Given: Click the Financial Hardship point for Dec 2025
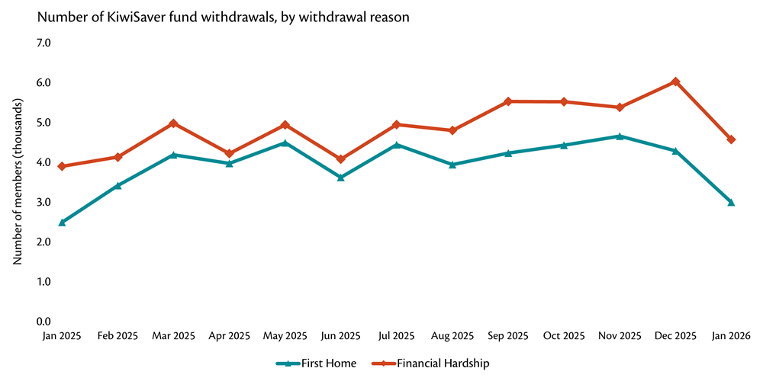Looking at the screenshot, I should pos(675,82).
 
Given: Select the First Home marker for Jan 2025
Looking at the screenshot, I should pos(62,223).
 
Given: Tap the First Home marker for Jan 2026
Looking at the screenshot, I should pos(731,202).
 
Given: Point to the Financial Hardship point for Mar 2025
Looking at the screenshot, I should pos(173,123).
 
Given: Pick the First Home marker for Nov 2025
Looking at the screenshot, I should pos(620,136).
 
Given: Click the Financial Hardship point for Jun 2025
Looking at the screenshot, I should pos(340,159).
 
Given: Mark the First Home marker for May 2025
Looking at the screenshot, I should pos(285,143).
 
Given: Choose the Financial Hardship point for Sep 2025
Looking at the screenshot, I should pos(508,101).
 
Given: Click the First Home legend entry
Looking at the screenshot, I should pos(316,363).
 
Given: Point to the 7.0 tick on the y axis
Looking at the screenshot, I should pos(43,43).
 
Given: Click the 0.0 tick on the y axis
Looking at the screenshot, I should pos(43,322).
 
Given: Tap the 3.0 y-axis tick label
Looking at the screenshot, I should pos(43,202).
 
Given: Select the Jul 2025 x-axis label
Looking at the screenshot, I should pos(396,335).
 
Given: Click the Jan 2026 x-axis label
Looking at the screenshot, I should pos(730,335).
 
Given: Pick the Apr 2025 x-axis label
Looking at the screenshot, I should pos(229,335).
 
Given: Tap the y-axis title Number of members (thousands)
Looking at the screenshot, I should pos(18,183).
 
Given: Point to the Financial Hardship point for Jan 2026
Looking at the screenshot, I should pos(731,139).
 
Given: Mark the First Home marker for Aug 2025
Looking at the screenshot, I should pos(452,164).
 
